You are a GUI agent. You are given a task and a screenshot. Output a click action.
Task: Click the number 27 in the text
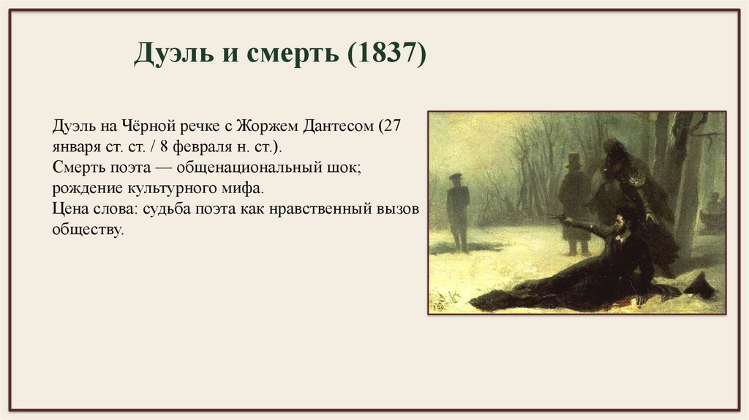point(394,126)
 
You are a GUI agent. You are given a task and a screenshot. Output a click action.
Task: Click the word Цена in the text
point(69,209)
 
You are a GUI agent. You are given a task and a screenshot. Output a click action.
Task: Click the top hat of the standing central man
point(573,160)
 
